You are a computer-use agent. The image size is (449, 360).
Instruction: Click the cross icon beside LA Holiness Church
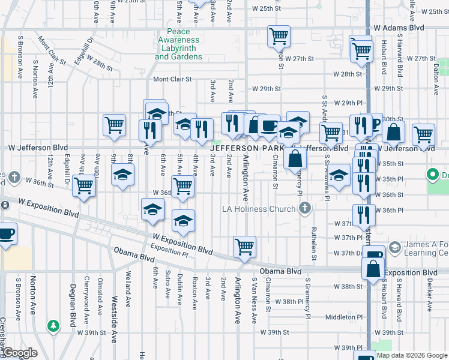(305, 209)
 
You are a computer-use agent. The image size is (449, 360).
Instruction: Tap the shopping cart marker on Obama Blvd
(244, 247)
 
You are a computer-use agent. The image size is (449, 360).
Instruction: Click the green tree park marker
(54, 326)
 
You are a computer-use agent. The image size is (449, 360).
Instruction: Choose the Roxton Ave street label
(194, 293)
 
